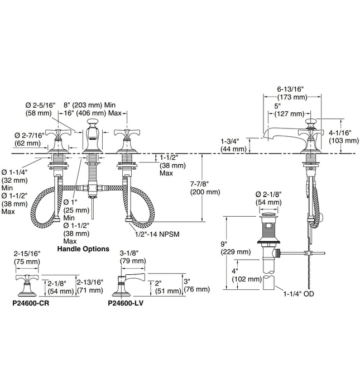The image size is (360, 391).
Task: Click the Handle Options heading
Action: pos(83,249)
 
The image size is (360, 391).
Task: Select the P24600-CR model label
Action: pos(31,303)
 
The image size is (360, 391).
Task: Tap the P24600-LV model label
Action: pos(126,303)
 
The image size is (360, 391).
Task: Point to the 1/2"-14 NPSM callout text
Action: pos(157,234)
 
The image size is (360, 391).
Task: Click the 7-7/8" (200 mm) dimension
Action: pos(205,188)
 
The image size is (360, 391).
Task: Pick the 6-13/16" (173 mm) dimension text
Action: pos(292,93)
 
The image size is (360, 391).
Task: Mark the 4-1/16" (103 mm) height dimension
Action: pos(344,137)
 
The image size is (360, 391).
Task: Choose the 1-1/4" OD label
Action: pos(299,294)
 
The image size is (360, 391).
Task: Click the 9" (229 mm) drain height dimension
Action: pos(236,247)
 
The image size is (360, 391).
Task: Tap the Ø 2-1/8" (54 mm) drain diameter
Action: pos(268,198)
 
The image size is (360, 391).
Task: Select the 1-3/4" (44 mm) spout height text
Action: pos(233,145)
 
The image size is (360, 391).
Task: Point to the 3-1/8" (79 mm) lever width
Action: pos(133,257)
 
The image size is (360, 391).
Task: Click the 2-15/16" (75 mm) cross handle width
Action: pos(27,258)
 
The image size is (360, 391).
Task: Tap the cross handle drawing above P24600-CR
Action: pos(27,285)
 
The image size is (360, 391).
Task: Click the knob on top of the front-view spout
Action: pos(92,123)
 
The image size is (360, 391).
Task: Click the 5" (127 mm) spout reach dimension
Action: pos(289,110)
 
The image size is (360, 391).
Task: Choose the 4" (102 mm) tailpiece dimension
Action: pos(247,275)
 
